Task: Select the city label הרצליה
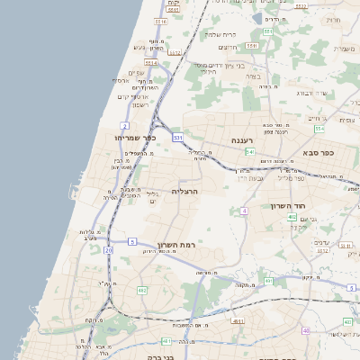(184, 192)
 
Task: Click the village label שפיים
(137, 73)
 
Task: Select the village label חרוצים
(228, 47)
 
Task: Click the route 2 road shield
(124, 124)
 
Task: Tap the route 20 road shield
(108, 249)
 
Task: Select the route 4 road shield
(244, 211)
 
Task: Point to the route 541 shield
(178, 138)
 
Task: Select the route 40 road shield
(306, 330)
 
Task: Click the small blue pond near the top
(257, 18)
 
